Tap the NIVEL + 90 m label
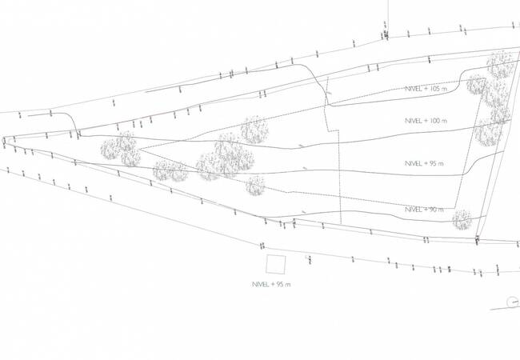424,209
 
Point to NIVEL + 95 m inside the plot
424,164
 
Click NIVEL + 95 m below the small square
271,285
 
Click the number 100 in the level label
435,120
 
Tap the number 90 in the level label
434,209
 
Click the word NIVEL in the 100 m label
414,120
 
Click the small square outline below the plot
276,265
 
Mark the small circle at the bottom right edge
514,302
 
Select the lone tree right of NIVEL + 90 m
462,219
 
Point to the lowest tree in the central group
255,186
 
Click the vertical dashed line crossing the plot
340,176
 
